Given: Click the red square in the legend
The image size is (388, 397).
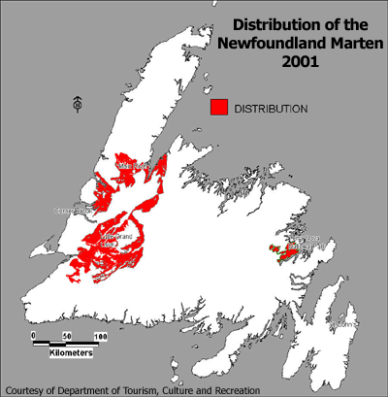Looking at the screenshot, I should point(218,108).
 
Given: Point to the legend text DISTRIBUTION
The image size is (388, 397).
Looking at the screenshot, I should point(271,109).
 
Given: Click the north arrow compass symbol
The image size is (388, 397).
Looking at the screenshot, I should point(77,102).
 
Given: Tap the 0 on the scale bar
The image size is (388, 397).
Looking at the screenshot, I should point(33,335).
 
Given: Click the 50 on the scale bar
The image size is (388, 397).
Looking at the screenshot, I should point(67,335).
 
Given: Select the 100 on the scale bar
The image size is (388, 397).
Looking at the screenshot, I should point(100,335).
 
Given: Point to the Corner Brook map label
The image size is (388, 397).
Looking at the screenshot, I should point(72,208).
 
